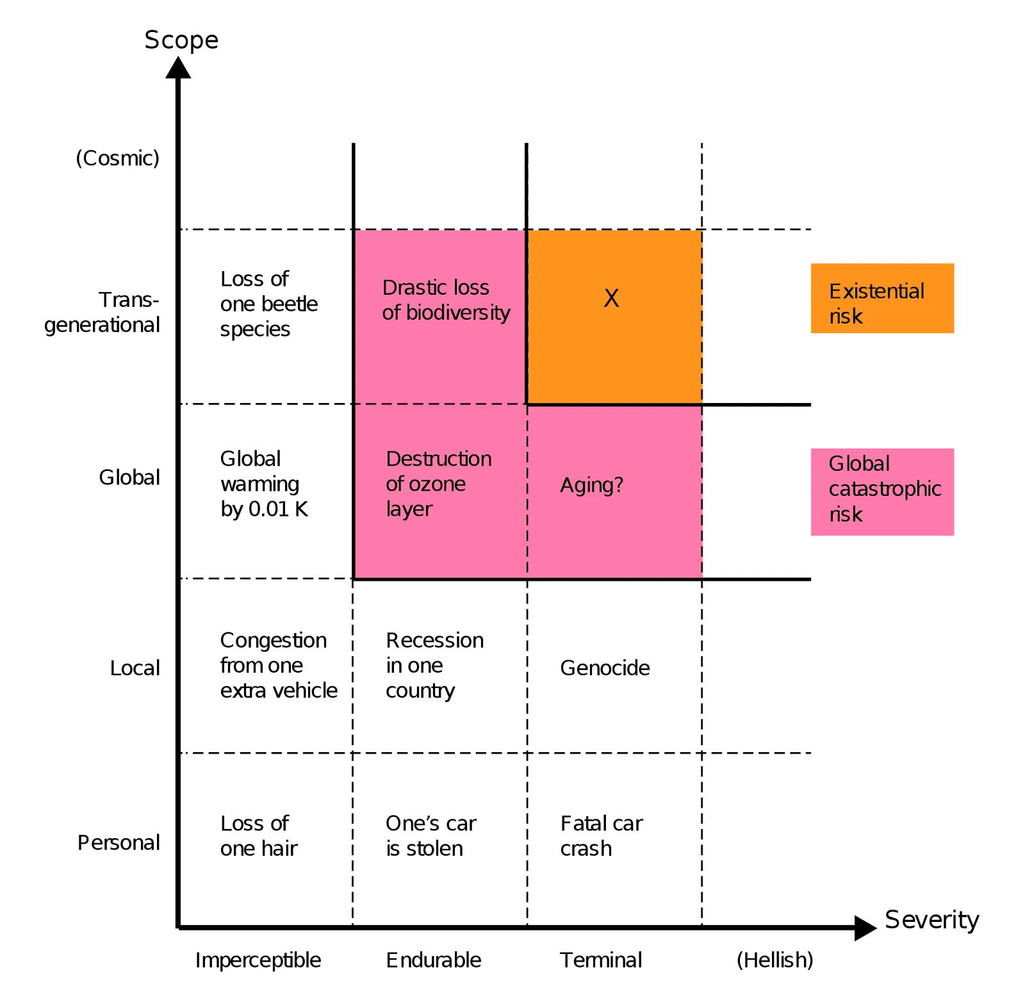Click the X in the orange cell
tap(611, 299)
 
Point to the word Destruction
tap(439, 459)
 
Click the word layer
tap(409, 509)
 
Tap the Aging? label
tap(591, 485)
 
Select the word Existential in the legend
tap(876, 292)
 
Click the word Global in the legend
tap(859, 463)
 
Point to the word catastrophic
tap(885, 489)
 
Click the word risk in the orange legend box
tap(846, 316)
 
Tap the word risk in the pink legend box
tap(846, 514)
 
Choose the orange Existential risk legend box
tap(883, 299)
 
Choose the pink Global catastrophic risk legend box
tap(883, 491)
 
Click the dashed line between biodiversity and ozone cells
tap(441, 404)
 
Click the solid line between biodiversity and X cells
tap(526, 317)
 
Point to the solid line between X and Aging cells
tap(615, 404)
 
